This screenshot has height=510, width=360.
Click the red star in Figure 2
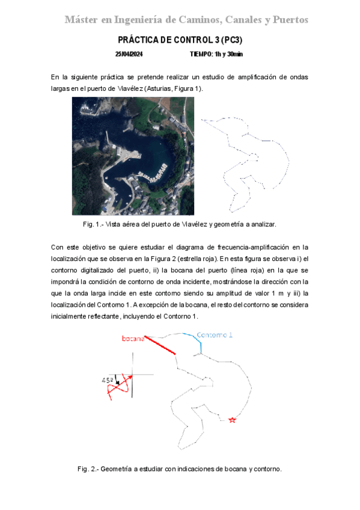[233, 420]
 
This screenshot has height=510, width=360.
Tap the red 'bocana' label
[133, 339]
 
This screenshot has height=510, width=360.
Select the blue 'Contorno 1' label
[215, 334]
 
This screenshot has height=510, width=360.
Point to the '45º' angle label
[108, 380]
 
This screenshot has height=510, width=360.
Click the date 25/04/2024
[129, 54]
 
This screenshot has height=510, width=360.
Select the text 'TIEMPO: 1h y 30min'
[216, 54]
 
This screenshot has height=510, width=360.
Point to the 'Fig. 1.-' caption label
[94, 224]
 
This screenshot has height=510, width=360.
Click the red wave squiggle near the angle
[119, 389]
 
